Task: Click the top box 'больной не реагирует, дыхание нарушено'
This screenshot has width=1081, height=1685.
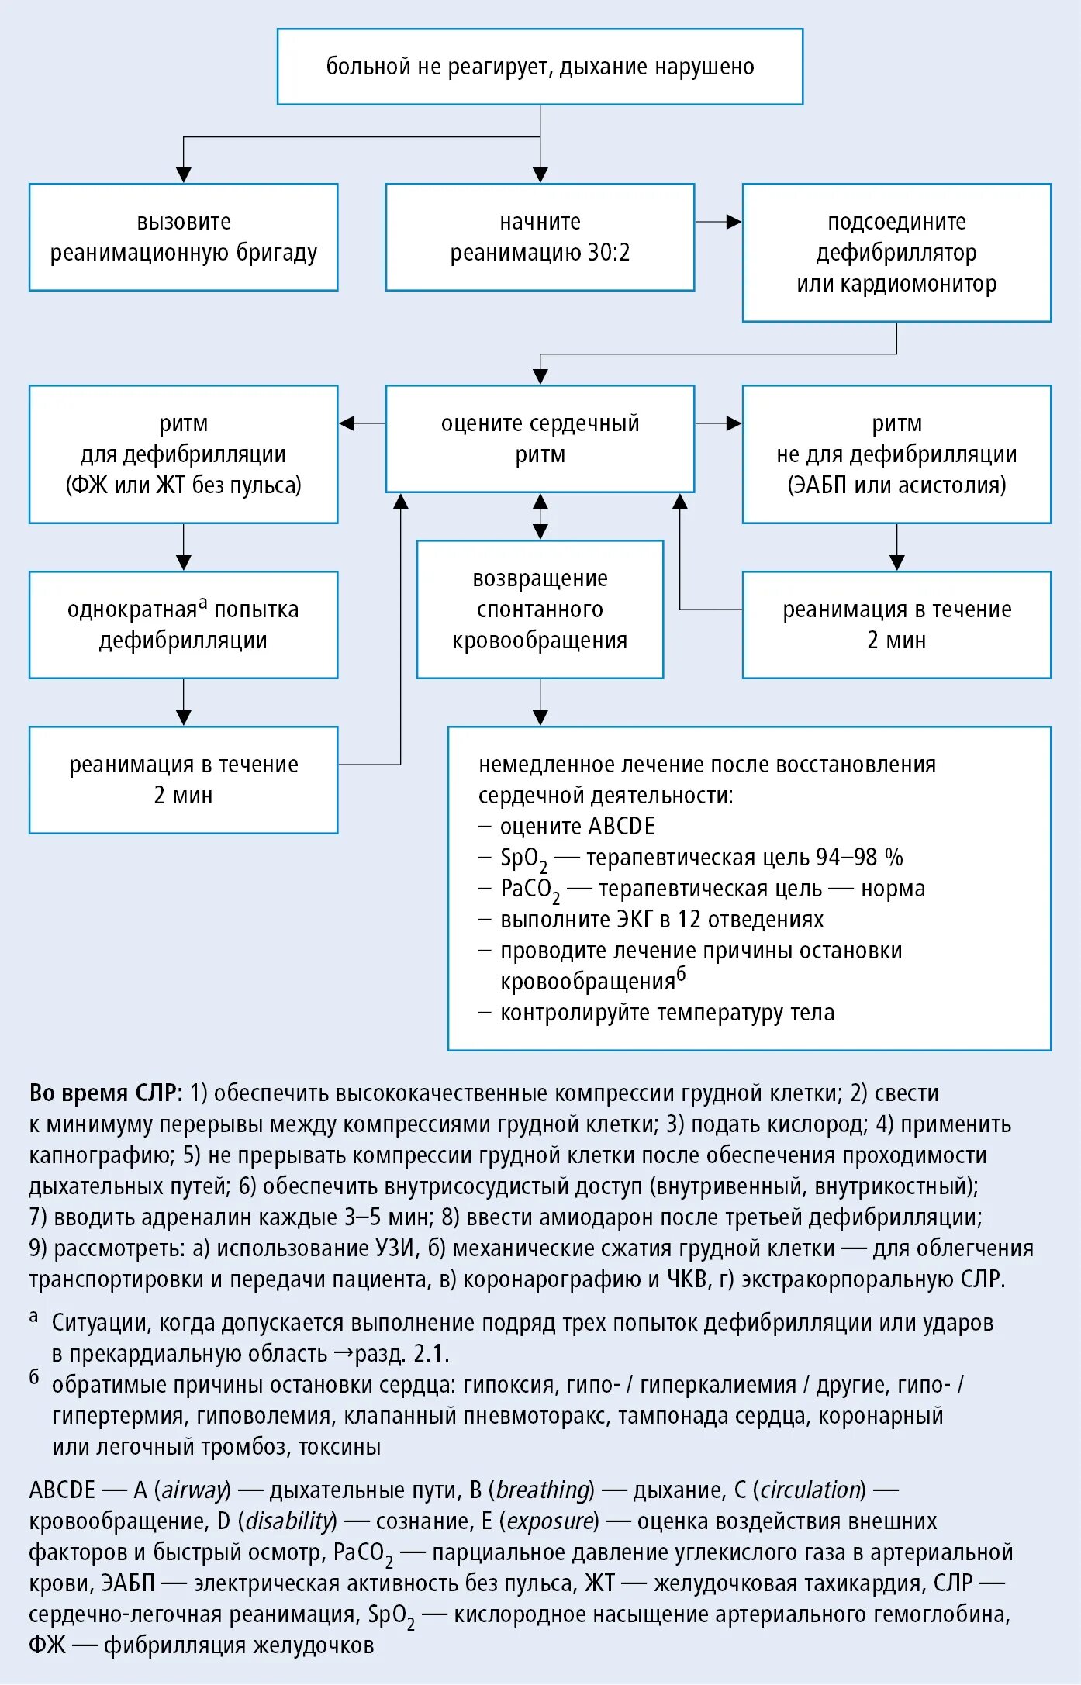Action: tap(540, 67)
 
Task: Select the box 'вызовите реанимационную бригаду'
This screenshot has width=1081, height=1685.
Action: tap(183, 237)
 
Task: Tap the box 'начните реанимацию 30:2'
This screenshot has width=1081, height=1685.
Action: tap(540, 237)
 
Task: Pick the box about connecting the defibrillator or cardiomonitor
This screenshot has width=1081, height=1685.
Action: tap(896, 253)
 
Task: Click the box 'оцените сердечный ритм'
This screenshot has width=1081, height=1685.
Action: tap(540, 439)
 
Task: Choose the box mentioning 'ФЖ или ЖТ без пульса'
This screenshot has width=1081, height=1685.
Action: tap(183, 454)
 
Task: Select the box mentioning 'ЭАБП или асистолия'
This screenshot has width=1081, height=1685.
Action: tap(896, 454)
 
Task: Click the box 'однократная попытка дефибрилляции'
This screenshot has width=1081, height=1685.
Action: tap(183, 625)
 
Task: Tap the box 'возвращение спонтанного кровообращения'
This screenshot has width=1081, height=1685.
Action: tap(540, 609)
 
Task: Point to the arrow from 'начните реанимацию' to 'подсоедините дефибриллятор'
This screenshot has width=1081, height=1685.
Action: tap(718, 222)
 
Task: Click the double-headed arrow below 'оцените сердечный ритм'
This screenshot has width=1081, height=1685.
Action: tap(540, 516)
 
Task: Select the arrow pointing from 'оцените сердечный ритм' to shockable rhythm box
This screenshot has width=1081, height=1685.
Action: tap(362, 423)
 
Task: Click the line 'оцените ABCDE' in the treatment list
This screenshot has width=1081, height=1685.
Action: tap(577, 827)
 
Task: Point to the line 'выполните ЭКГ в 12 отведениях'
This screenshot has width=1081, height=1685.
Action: tap(661, 920)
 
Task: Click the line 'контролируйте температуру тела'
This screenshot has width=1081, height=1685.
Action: tap(667, 1013)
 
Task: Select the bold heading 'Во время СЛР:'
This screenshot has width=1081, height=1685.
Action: tap(105, 1093)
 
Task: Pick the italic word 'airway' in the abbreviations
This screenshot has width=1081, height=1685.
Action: tap(195, 1490)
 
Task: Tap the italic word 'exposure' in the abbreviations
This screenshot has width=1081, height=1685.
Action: tap(551, 1521)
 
